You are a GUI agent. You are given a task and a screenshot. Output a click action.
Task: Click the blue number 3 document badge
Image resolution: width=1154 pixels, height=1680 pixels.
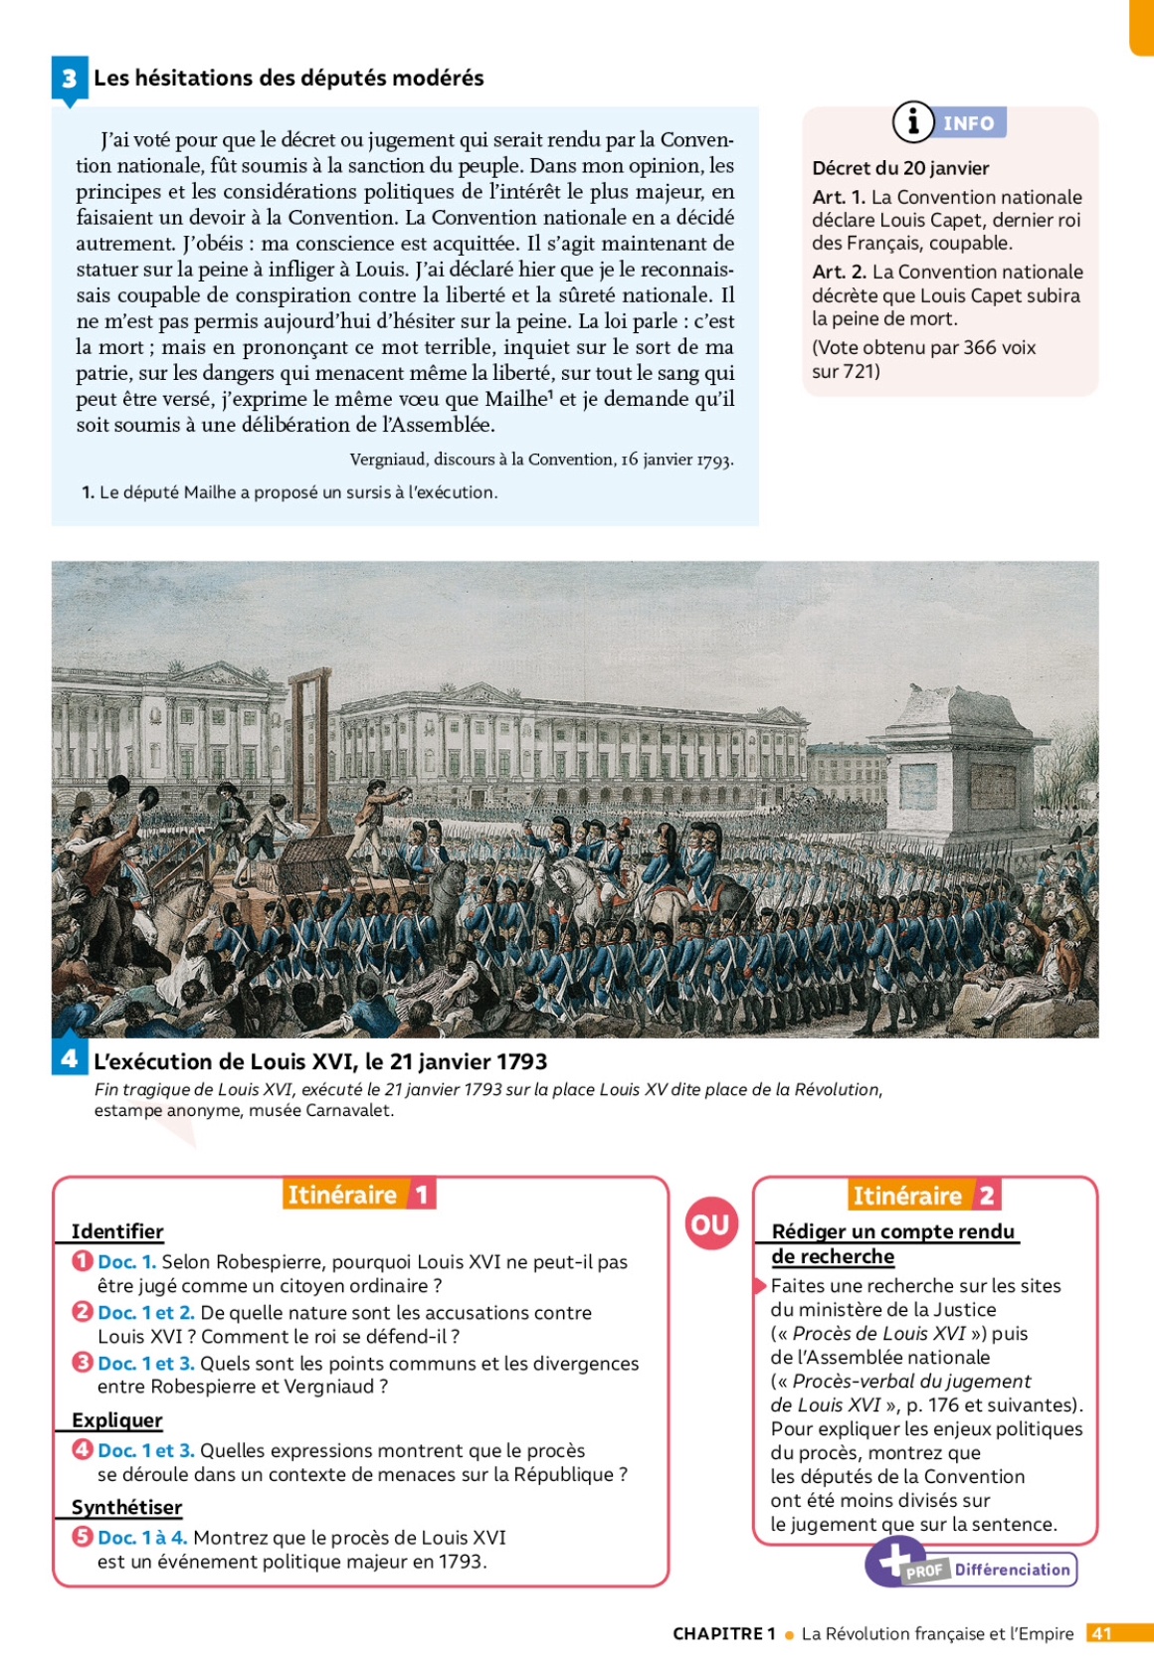coord(69,79)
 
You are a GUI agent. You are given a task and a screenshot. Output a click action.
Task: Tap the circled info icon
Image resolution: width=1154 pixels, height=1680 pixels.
coord(912,121)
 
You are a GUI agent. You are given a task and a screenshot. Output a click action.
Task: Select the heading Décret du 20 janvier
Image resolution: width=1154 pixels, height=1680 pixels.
coord(900,168)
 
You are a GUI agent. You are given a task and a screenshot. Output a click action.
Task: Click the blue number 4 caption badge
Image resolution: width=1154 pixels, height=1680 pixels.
coord(69,1058)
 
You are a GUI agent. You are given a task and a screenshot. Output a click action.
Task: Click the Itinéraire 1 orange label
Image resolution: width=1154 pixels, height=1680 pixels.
coord(359,1194)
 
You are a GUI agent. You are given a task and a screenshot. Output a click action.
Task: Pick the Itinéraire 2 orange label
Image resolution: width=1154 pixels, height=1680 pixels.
coord(924,1195)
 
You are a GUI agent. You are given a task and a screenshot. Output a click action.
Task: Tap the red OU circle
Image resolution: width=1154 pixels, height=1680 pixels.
coord(710,1224)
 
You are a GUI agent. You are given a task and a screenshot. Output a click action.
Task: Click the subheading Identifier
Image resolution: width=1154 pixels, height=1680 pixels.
coord(117,1231)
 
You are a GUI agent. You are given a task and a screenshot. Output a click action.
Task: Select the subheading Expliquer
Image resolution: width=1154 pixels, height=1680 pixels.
coord(116,1420)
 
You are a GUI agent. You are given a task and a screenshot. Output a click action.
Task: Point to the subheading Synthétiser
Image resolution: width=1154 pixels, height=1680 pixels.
coord(126,1507)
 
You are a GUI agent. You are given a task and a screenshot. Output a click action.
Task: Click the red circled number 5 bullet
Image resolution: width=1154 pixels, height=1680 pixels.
coord(83,1537)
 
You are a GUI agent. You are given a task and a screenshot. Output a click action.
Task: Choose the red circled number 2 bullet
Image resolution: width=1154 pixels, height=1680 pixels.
coord(83,1312)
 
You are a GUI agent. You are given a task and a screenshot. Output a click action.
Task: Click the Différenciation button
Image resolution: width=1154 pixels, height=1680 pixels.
coord(1012,1570)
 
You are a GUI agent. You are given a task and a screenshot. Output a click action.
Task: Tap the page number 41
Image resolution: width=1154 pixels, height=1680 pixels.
coord(1101,1633)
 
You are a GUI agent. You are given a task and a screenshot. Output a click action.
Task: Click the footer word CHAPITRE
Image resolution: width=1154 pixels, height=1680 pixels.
coord(717,1633)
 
